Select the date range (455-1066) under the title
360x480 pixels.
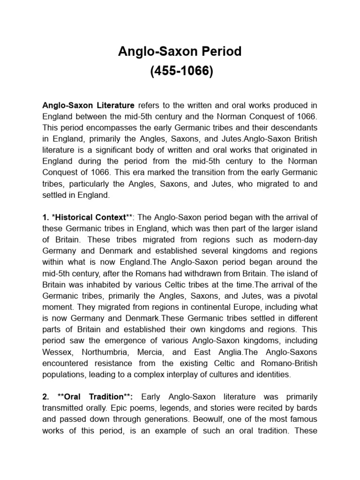(x=180, y=72)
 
